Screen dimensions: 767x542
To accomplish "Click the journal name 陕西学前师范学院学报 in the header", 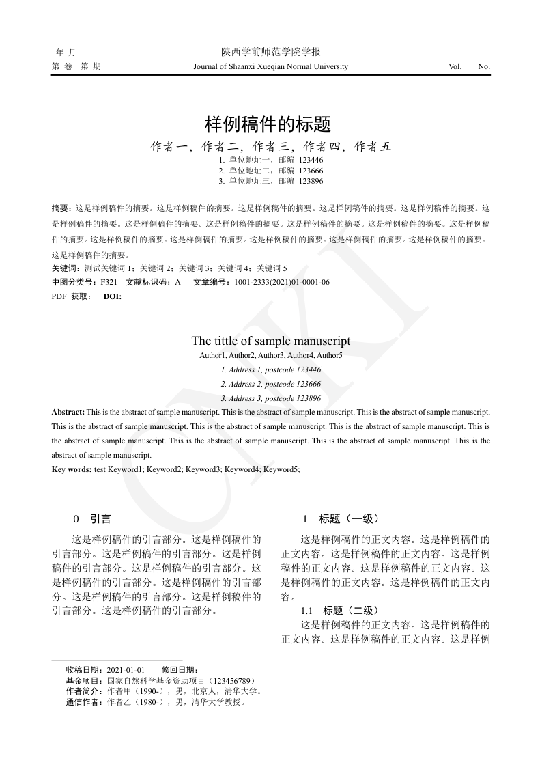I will click(x=271, y=52).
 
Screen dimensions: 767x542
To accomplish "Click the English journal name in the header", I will click(x=271, y=66).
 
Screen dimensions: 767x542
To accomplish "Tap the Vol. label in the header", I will click(x=455, y=66).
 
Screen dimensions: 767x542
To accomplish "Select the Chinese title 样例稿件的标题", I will click(x=268, y=124).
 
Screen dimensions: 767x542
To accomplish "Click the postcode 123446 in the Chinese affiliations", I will click(x=311, y=159).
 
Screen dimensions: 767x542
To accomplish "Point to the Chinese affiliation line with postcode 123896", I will click(x=271, y=181).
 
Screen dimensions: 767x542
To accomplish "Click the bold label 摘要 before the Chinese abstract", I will click(x=61, y=207).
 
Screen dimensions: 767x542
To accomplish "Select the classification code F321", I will click(x=109, y=282).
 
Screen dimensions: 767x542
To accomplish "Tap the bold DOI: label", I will click(x=113, y=296).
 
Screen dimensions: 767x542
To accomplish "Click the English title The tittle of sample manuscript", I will click(x=271, y=341).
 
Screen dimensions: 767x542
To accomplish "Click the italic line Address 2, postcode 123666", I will click(x=271, y=384).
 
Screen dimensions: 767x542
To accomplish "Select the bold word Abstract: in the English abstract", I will click(x=68, y=412).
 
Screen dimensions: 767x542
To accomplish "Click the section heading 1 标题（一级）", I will click(x=341, y=519).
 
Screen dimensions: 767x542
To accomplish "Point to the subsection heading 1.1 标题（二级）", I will click(x=339, y=611).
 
